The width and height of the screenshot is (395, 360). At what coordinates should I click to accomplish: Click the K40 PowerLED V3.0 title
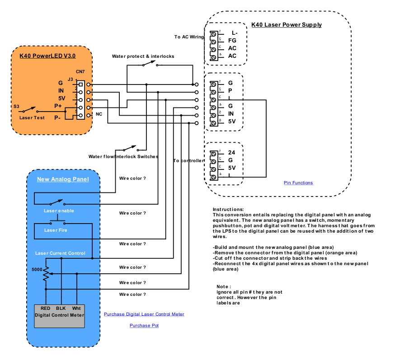tap(47, 56)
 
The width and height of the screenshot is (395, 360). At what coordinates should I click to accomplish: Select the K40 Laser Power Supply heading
tap(287, 25)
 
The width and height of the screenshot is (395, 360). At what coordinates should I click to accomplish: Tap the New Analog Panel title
tap(63, 179)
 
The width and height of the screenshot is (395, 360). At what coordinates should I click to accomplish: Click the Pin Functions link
tap(298, 183)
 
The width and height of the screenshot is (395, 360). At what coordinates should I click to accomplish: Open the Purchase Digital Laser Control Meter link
tap(144, 314)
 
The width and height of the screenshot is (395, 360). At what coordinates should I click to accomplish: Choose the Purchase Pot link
tap(144, 325)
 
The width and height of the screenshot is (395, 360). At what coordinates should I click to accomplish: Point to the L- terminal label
tap(234, 33)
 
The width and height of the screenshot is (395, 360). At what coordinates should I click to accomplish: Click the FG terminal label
tap(232, 41)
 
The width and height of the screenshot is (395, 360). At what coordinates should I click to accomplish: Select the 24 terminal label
tap(232, 153)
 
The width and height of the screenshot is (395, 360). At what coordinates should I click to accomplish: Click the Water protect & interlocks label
tap(143, 56)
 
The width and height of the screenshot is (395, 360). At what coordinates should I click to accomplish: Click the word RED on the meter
tap(45, 308)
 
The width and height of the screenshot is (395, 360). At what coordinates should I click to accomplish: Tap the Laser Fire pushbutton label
tap(56, 230)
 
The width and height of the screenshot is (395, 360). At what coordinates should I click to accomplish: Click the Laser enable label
tap(59, 211)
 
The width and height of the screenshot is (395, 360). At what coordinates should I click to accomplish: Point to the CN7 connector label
tap(80, 72)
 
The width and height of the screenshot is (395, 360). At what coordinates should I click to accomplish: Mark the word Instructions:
tap(228, 210)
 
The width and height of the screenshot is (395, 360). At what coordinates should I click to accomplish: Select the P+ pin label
tap(58, 106)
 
